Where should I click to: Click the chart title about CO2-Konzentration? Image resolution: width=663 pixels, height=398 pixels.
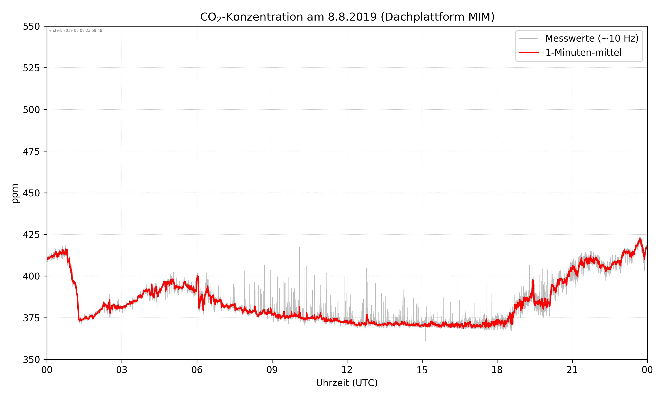[347, 17]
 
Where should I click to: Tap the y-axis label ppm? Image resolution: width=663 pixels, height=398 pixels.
[15, 193]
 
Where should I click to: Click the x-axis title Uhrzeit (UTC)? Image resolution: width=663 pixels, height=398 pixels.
[347, 383]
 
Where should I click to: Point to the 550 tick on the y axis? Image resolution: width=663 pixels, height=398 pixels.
[31, 27]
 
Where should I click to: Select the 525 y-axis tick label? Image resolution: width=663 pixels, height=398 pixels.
[31, 68]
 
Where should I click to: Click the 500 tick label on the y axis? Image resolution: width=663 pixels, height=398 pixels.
[31, 110]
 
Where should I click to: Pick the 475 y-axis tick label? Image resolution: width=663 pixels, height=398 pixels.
[31, 151]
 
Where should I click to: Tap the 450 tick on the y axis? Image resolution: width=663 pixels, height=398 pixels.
[31, 193]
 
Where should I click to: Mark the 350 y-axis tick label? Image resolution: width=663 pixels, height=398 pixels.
[31, 360]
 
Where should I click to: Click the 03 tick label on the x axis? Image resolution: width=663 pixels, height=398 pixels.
[122, 370]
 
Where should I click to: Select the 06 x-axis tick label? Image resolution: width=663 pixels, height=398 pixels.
[197, 370]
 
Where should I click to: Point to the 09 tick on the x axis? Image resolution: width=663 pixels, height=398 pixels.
[272, 370]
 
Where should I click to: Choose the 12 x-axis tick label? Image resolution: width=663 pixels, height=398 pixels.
[347, 370]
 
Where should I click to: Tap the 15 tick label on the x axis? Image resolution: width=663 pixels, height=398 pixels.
[422, 370]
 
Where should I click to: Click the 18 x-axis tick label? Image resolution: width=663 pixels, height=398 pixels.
[497, 370]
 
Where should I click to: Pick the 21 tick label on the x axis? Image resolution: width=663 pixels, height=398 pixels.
[572, 370]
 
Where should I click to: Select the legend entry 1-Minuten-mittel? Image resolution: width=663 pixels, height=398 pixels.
[583, 53]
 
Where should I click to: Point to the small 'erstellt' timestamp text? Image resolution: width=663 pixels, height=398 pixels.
[76, 31]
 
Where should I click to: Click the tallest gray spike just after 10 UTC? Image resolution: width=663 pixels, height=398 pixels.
[299, 248]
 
